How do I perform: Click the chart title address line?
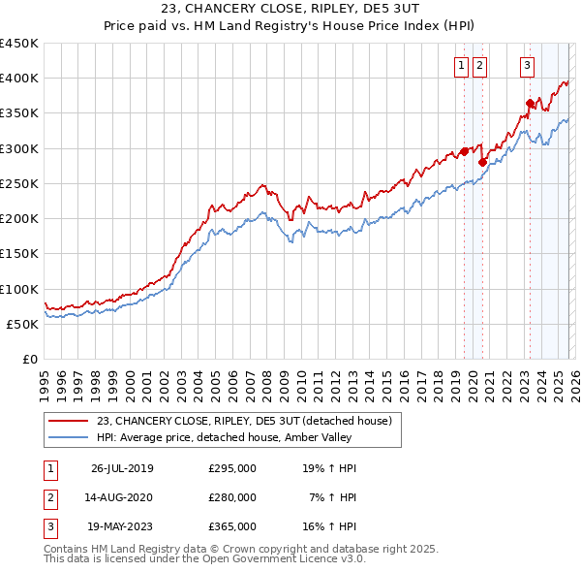point(290,8)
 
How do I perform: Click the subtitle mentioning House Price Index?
point(290,24)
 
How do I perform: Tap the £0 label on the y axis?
point(29,360)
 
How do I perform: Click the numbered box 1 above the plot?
point(462,66)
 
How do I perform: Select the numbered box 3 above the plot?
point(527,66)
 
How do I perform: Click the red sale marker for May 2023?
point(530,103)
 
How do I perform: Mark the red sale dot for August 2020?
point(482,163)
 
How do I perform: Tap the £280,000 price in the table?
point(232,497)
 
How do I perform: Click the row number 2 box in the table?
point(49,497)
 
